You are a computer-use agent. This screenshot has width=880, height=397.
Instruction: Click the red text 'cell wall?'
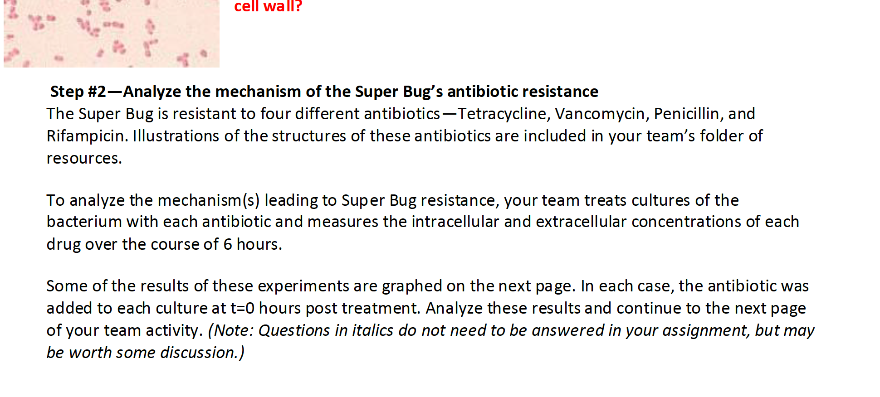click(268, 6)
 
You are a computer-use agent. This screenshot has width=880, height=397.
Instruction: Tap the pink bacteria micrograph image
click(111, 34)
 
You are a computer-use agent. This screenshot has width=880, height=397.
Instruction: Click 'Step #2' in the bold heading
click(78, 92)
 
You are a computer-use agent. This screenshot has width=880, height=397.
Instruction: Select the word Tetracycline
click(504, 114)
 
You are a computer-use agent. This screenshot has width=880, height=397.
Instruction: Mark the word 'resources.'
click(84, 158)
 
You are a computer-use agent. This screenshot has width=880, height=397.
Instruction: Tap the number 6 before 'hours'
click(228, 244)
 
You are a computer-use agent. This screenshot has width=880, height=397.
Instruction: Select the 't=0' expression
click(242, 309)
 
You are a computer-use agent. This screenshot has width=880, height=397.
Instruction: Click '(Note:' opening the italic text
click(230, 331)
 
